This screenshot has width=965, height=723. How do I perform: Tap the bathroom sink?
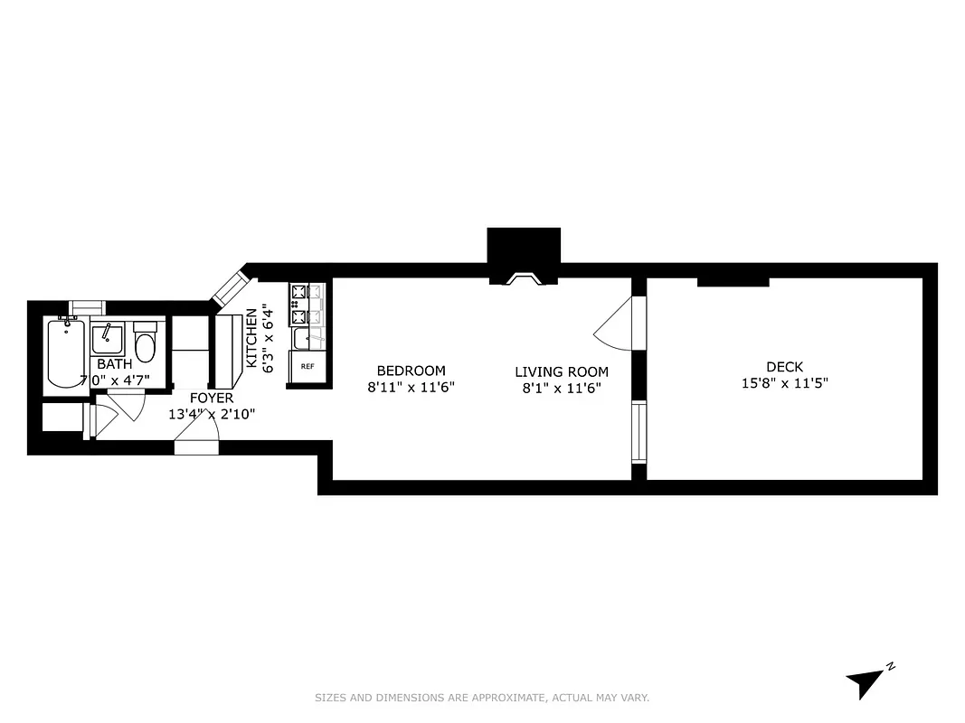point(108,340)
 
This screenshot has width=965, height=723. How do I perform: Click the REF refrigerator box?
point(307,366)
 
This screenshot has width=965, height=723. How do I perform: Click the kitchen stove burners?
point(299,305)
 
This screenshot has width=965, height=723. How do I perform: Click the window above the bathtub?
point(88,306)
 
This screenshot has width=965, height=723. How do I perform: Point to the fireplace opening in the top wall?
point(524,279)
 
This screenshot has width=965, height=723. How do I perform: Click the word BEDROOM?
point(411,371)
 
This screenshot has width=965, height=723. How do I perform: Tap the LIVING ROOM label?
point(562,371)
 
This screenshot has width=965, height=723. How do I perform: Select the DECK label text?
point(784,367)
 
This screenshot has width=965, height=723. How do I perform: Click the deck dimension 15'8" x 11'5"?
point(784,382)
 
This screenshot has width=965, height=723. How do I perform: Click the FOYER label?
point(211,398)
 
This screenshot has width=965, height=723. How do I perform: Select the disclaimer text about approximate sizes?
point(482,698)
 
